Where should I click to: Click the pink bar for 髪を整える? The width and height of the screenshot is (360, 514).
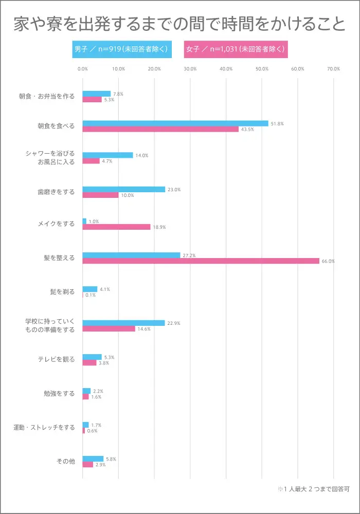pos(201,261)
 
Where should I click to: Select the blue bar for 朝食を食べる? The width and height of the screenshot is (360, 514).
pos(175,123)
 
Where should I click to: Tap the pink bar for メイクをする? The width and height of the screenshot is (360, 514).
pos(116,227)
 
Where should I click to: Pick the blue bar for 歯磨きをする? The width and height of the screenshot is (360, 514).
pos(124,189)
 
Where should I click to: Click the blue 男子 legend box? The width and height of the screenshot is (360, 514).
pos(121,49)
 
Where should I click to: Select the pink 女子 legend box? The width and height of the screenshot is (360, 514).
pos(235,49)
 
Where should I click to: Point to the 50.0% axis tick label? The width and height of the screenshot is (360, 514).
pos(262,69)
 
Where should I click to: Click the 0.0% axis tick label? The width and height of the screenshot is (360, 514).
pos(82,69)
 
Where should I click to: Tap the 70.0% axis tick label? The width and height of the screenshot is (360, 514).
pos(333,69)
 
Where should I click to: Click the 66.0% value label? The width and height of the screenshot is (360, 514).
pos(328,261)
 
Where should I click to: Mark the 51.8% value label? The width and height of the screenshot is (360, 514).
pos(277,124)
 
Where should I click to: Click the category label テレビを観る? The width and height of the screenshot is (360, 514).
pos(56,359)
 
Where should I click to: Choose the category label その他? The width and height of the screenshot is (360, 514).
pos(65,461)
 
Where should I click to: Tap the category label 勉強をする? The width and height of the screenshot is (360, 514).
pos(59,394)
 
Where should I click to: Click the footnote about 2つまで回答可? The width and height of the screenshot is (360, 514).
pos(314,489)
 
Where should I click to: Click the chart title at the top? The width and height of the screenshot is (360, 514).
pos(179,24)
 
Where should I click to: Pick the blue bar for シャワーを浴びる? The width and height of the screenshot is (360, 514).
pos(107,155)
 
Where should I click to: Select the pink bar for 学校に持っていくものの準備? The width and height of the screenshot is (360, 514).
pos(109,328)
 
